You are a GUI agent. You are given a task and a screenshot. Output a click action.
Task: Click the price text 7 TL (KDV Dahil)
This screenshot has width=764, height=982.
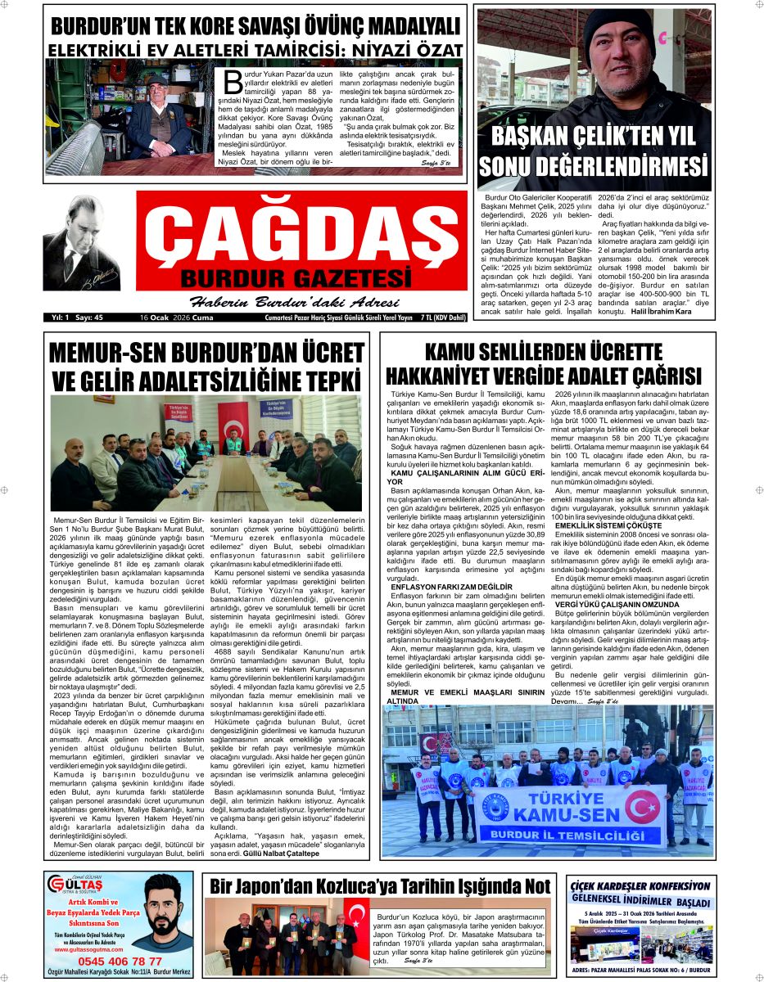(x=442, y=318)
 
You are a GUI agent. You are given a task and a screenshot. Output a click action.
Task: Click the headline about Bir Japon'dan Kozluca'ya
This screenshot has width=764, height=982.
(x=380, y=886)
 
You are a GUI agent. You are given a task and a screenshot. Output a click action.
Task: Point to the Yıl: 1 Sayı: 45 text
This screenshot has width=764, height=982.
(x=76, y=318)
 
